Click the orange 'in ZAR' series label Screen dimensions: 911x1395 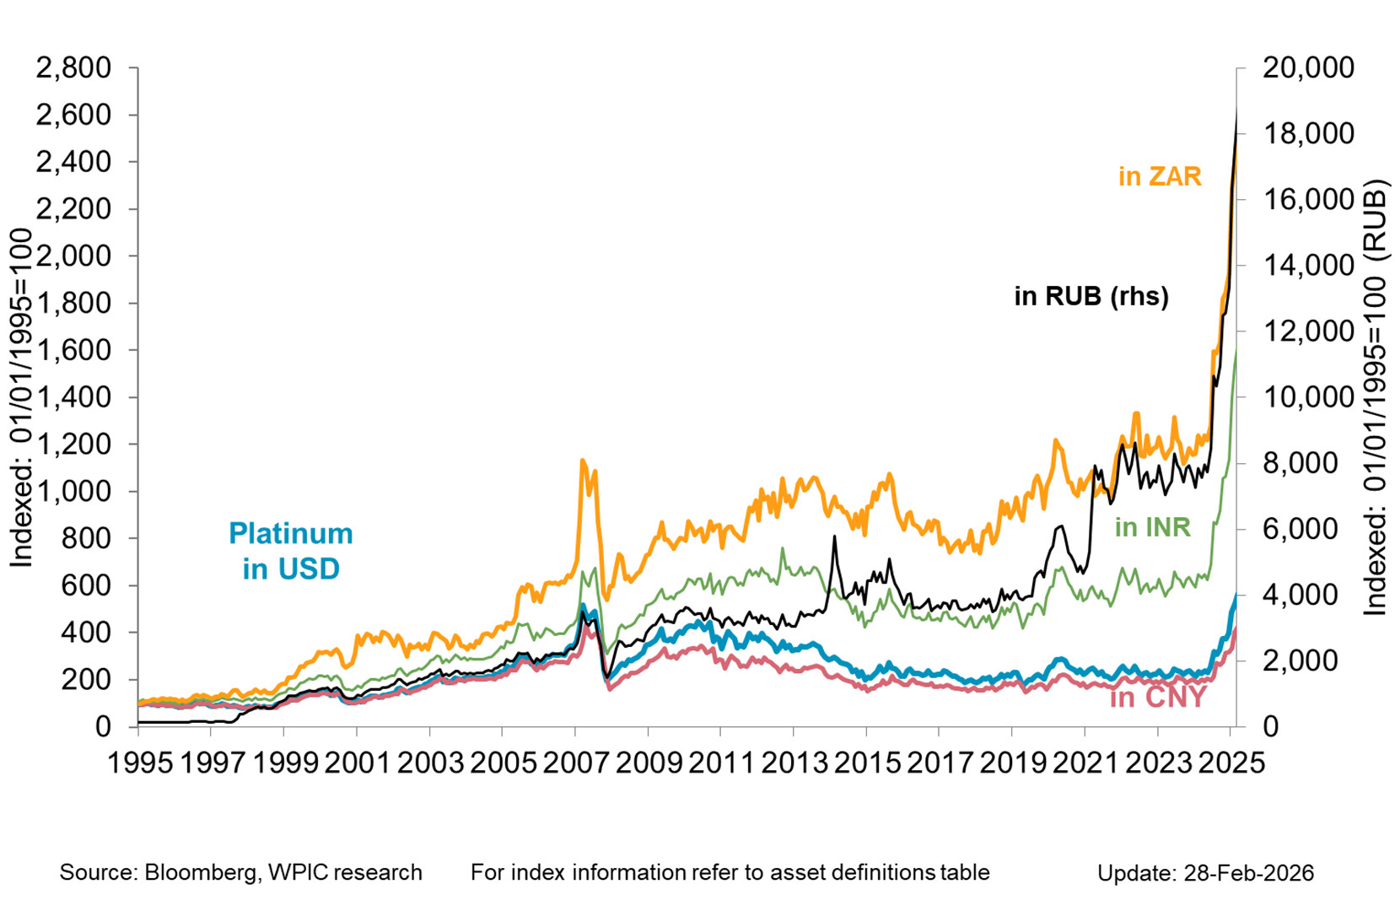click(1159, 176)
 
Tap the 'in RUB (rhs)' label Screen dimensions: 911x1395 click(1091, 296)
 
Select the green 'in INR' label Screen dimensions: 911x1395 click(1152, 527)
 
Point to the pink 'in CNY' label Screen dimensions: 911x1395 click(1158, 698)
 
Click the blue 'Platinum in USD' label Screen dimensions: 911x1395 click(291, 551)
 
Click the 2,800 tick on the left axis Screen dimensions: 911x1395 click(73, 67)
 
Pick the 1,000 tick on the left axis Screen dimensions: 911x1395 click(73, 491)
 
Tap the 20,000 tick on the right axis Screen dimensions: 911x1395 click(1308, 67)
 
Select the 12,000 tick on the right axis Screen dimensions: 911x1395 click(1308, 331)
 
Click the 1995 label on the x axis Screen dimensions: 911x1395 click(139, 763)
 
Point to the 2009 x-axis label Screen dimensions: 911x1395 click(648, 763)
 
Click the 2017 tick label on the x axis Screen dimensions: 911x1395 click(939, 763)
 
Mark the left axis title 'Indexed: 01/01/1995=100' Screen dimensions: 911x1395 click(21, 396)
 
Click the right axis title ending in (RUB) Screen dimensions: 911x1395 click(1375, 396)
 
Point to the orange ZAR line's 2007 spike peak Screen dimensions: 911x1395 click(582, 461)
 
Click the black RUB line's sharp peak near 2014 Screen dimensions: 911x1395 click(833, 536)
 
